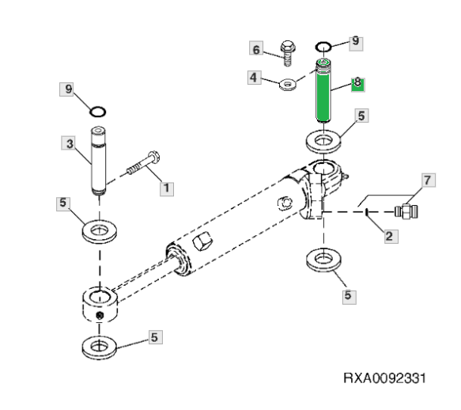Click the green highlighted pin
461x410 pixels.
point(323,91)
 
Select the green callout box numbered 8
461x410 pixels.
point(357,85)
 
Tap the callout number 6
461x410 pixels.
point(256,49)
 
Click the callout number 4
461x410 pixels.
point(254,78)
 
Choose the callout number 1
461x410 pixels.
point(167,188)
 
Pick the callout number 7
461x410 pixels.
point(429,180)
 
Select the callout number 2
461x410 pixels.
point(391,236)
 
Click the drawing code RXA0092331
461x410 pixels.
point(384,378)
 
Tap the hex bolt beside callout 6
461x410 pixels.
point(288,53)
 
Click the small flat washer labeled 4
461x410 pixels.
point(288,85)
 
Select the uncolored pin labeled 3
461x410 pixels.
point(99,161)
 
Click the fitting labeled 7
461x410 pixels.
point(406,211)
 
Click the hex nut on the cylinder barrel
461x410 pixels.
point(202,241)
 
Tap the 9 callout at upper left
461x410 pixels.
point(68,89)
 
